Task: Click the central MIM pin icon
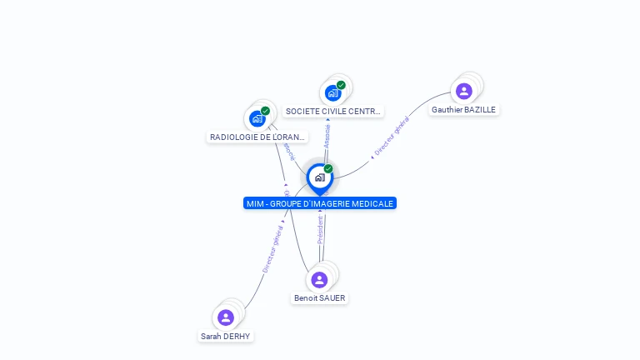(319, 177)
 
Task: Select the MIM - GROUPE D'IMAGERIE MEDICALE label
(320, 203)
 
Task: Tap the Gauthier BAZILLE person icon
(464, 91)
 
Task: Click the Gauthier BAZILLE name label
(464, 110)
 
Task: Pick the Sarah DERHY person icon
(226, 317)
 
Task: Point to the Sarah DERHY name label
(225, 337)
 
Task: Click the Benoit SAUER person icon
(319, 280)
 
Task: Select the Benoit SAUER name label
(319, 298)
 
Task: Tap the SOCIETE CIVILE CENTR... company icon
(333, 92)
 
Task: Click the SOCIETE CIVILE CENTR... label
(333, 111)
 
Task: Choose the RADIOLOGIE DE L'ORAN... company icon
(257, 118)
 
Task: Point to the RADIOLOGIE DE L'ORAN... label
(257, 137)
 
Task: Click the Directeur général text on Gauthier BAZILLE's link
(391, 137)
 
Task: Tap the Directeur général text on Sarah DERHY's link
(272, 248)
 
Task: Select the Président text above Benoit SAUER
(320, 229)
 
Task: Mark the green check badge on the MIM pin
(328, 169)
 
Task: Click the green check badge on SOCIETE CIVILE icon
(341, 85)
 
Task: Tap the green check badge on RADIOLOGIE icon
(265, 111)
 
